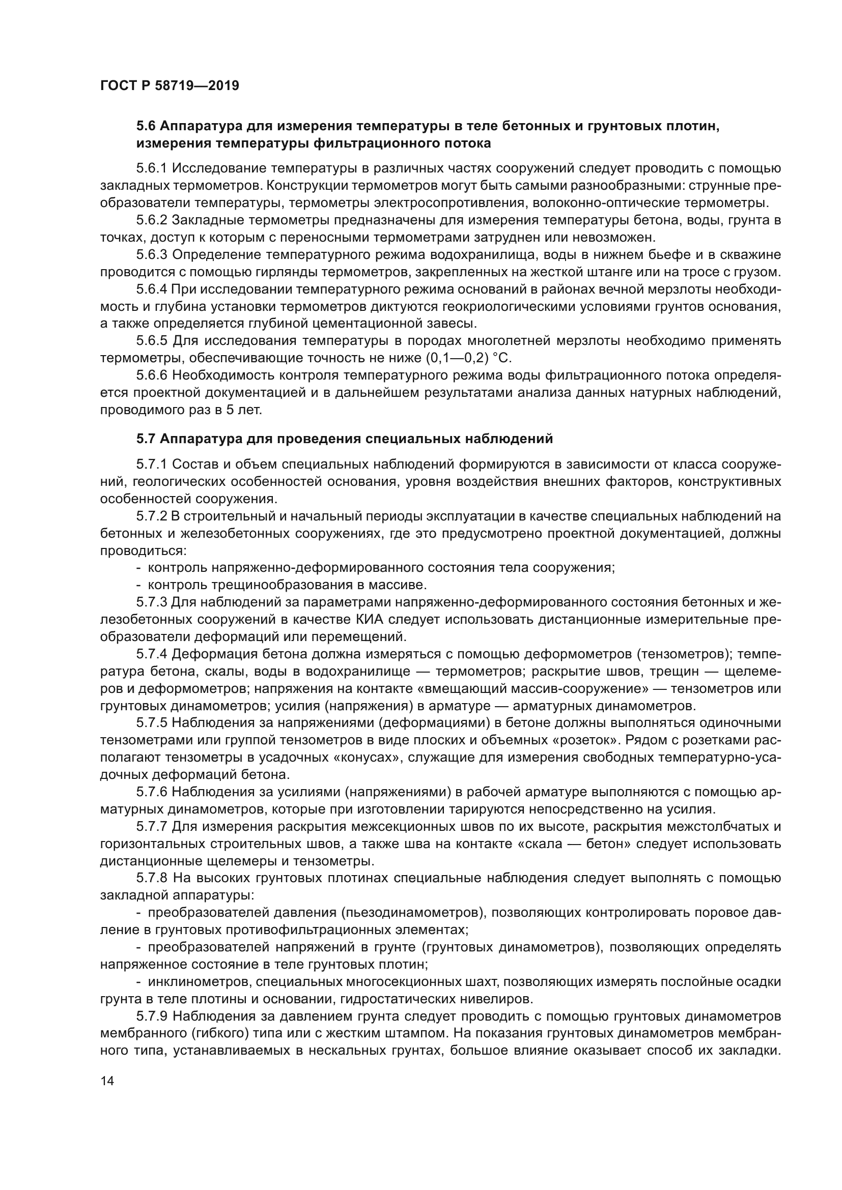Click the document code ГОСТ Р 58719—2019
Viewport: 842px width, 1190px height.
click(x=170, y=85)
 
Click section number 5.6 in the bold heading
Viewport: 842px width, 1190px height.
click(x=146, y=126)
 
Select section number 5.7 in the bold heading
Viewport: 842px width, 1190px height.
click(x=146, y=439)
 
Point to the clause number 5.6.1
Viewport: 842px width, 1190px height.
click(x=151, y=168)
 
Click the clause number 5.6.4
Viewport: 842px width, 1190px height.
click(x=151, y=288)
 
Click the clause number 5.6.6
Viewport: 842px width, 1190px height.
click(x=151, y=375)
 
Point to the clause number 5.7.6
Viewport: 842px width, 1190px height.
click(x=151, y=792)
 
